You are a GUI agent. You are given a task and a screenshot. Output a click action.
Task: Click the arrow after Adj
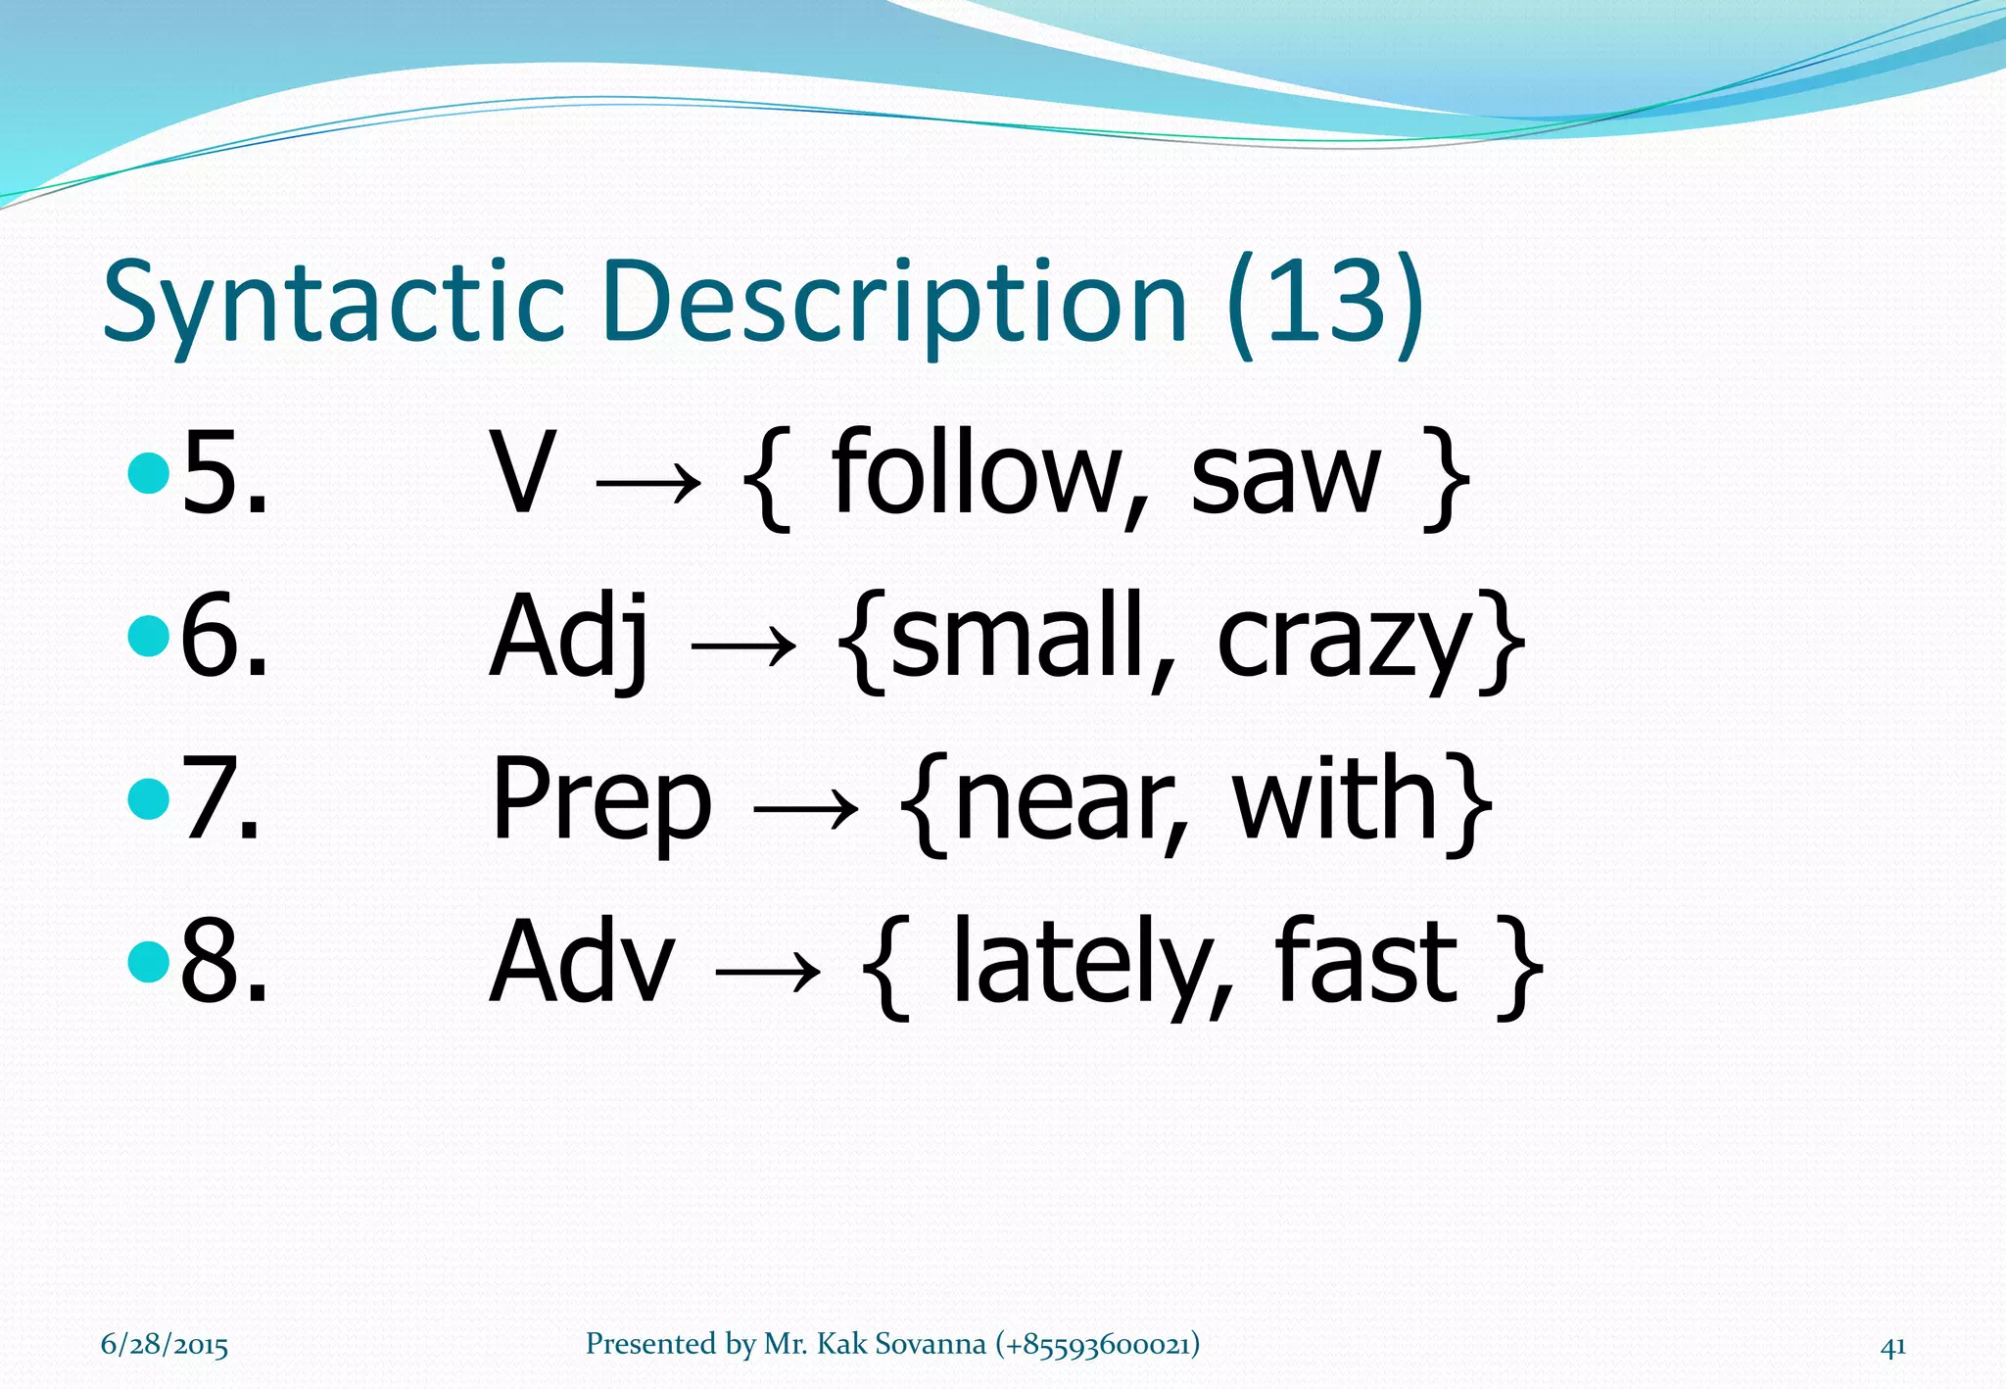[x=743, y=646]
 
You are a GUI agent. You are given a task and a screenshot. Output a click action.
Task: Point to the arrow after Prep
[x=805, y=809]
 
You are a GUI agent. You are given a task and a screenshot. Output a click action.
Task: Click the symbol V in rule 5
[x=522, y=474]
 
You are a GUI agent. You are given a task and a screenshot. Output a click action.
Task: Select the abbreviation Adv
[x=583, y=964]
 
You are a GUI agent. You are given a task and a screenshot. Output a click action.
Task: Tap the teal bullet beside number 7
[x=149, y=798]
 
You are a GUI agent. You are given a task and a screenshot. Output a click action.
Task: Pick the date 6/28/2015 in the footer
[x=165, y=1345]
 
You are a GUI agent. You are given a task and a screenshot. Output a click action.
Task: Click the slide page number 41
[x=1893, y=1347]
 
